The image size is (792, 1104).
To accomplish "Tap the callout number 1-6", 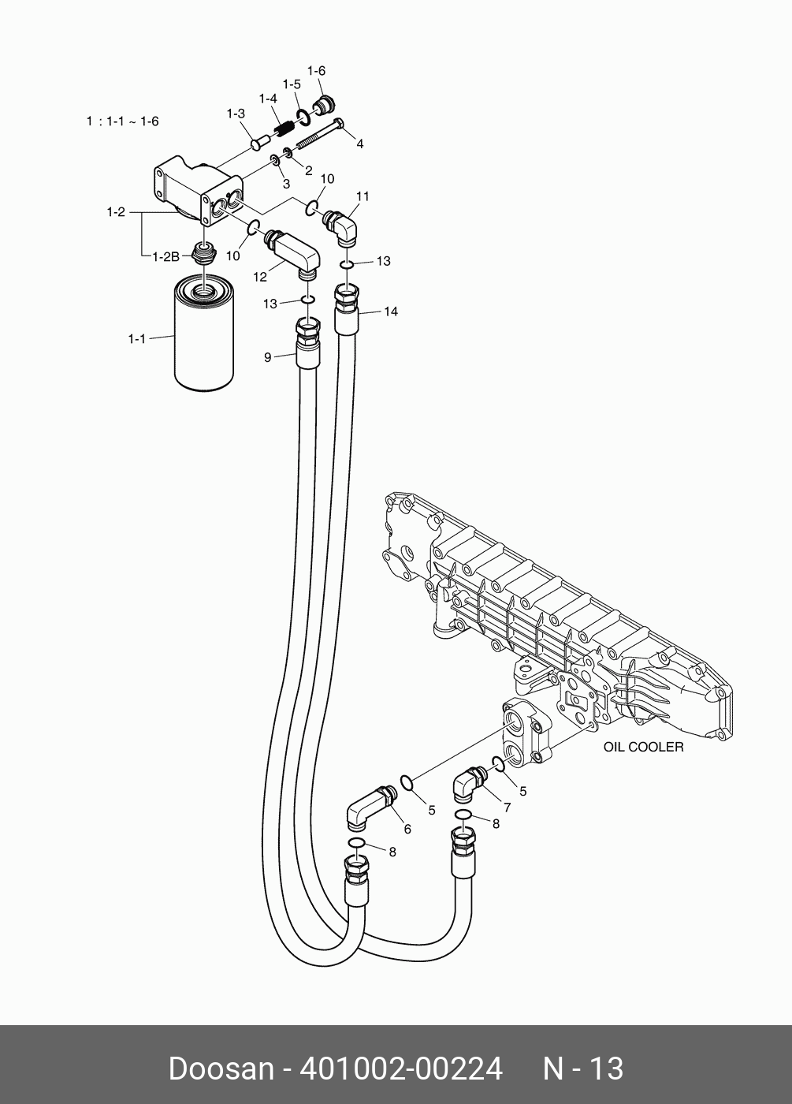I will tap(316, 71).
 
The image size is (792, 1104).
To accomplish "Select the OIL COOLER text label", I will tap(643, 746).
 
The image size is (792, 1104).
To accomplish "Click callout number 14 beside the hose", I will tap(390, 311).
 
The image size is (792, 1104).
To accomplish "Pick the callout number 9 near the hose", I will tap(268, 357).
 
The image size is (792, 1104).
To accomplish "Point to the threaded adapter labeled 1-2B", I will tap(203, 253).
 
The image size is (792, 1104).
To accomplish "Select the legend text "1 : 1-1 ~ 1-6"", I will tap(122, 121).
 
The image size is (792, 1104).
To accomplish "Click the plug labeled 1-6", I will tap(322, 104).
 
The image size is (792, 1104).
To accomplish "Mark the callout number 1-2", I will tap(116, 212).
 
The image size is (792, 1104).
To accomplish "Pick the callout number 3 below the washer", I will tap(286, 184).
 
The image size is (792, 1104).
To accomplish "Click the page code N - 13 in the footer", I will tap(583, 1069).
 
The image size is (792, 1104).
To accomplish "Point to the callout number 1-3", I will tap(236, 114).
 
